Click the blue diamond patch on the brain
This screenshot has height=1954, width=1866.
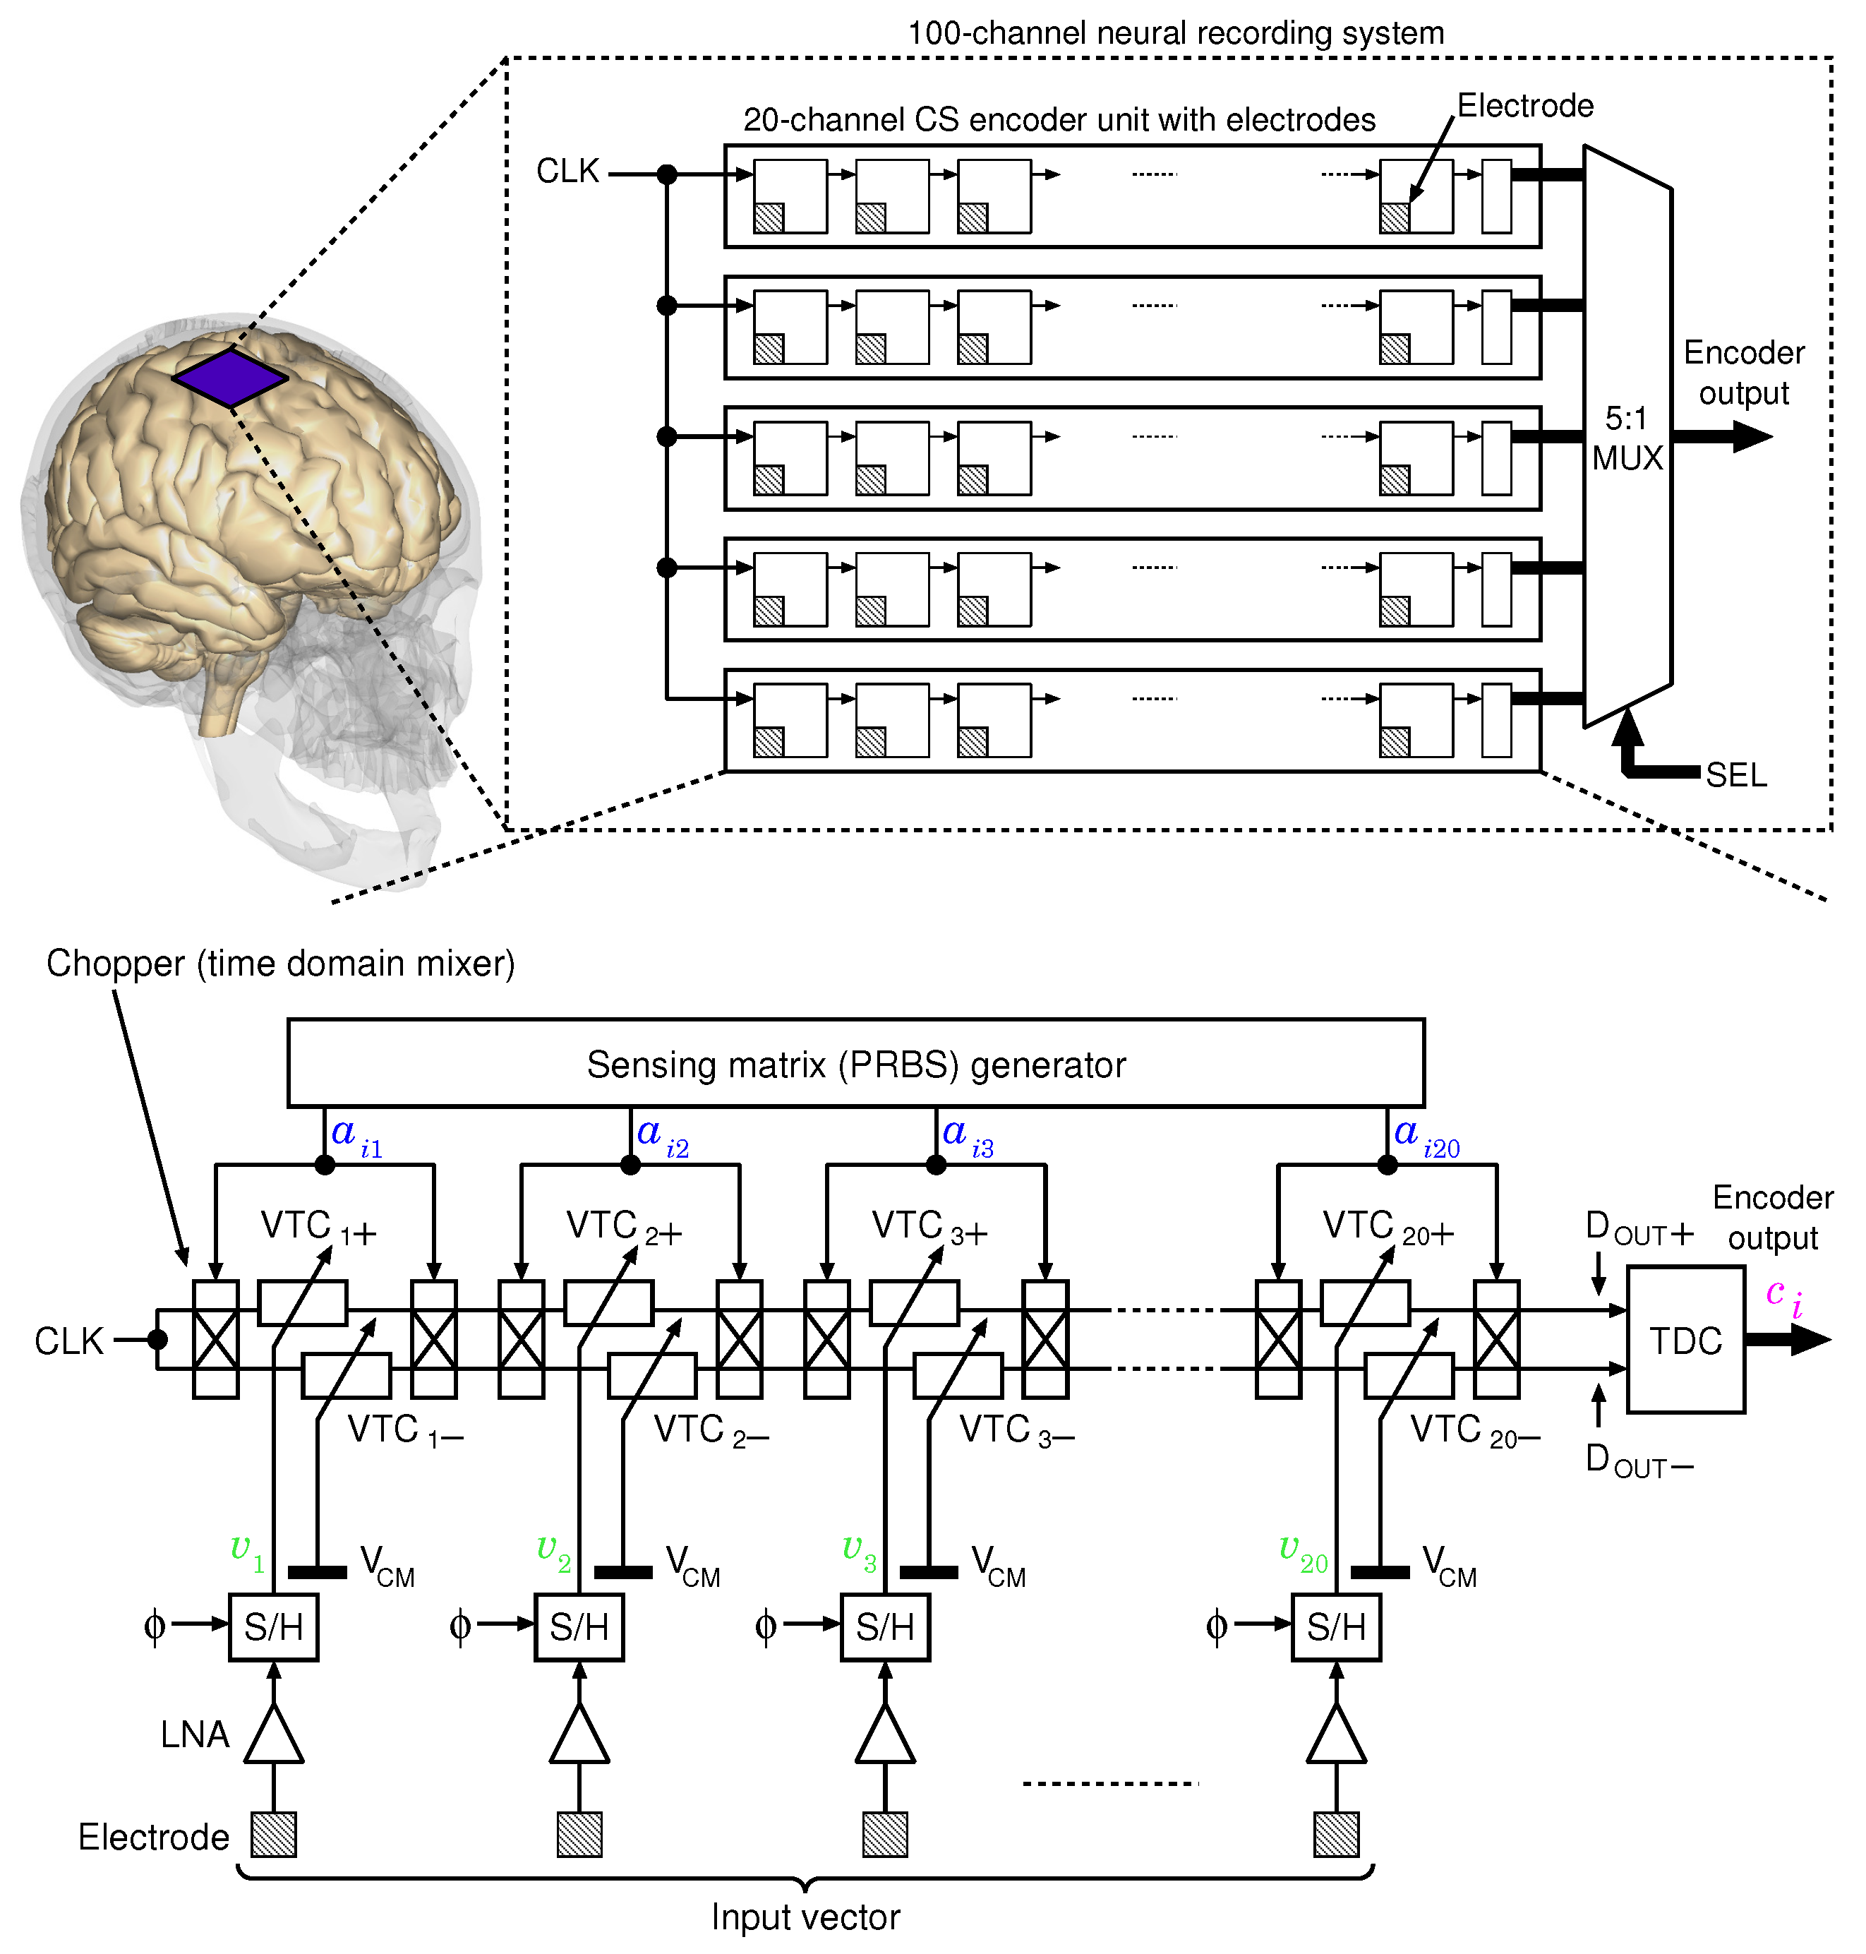click(x=230, y=377)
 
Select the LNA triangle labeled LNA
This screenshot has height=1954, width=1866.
click(x=274, y=1735)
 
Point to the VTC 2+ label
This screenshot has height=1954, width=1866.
click(x=624, y=1227)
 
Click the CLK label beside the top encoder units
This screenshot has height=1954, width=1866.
click(x=567, y=171)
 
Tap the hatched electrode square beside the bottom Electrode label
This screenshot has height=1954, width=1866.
click(x=274, y=1833)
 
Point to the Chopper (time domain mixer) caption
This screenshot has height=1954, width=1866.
click(x=280, y=963)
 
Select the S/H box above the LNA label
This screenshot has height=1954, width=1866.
click(x=274, y=1626)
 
